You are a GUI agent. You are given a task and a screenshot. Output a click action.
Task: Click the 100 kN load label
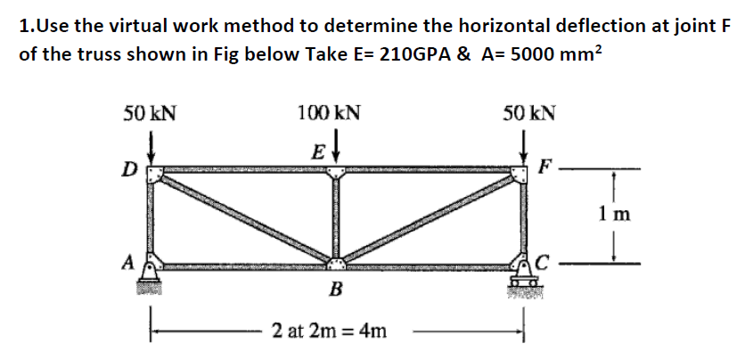click(x=329, y=113)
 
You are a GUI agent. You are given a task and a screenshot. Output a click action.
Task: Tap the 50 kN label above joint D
click(x=148, y=113)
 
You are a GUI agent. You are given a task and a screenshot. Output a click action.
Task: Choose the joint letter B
click(x=336, y=290)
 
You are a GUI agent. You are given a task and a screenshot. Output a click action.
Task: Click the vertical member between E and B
click(x=337, y=218)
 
